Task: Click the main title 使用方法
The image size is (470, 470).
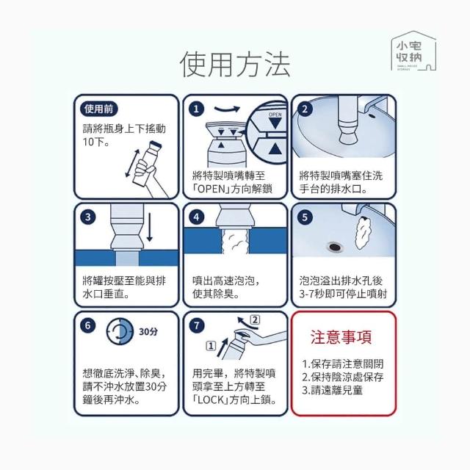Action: (235, 65)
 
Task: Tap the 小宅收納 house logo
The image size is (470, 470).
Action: (413, 51)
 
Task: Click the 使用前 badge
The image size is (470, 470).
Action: (98, 109)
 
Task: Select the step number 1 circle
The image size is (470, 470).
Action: (196, 109)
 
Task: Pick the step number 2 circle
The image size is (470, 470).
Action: (305, 109)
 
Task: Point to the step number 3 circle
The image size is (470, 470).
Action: (88, 217)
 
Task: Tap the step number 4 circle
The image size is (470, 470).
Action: (196, 217)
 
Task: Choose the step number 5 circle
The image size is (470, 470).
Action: (305, 217)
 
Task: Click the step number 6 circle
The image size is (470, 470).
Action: (88, 325)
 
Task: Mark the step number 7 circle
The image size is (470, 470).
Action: (196, 325)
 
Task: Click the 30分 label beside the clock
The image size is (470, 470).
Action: (148, 331)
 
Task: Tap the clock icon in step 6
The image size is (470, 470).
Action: (120, 331)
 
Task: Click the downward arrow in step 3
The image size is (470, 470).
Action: (150, 227)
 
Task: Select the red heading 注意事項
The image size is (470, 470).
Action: (341, 337)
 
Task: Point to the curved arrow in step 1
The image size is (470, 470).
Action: (227, 109)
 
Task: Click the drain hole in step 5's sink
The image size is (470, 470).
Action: (335, 247)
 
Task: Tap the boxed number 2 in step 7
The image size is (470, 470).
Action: (255, 320)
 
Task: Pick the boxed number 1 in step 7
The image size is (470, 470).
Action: (211, 346)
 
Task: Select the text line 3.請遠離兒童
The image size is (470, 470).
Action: (332, 390)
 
